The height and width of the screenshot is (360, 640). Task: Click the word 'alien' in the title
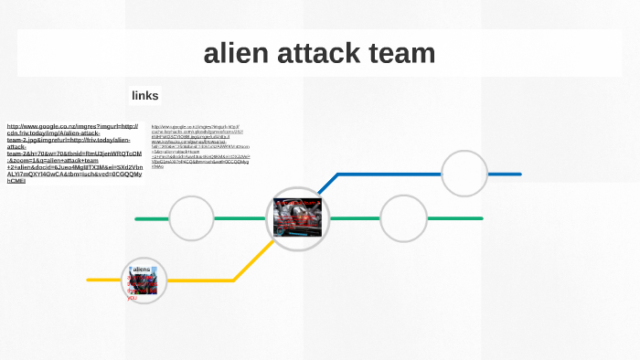click(x=232, y=53)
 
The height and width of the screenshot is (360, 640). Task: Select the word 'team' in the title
click(x=400, y=53)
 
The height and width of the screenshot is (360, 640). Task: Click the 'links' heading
click(x=144, y=95)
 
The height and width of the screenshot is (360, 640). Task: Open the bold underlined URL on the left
click(x=74, y=154)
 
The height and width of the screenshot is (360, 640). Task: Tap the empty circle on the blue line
click(x=464, y=173)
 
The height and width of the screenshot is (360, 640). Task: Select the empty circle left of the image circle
click(x=191, y=218)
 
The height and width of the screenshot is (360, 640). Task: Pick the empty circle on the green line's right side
click(x=403, y=218)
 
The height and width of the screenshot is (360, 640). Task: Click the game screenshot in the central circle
click(x=297, y=218)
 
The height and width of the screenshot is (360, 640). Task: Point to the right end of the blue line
click(x=518, y=174)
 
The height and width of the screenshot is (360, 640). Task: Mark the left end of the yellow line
click(x=90, y=280)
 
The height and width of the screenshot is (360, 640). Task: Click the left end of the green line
click(x=137, y=219)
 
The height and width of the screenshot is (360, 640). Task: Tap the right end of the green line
click(x=480, y=218)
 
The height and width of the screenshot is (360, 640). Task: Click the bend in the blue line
click(x=337, y=175)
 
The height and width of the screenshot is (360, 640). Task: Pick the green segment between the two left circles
click(x=240, y=219)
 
